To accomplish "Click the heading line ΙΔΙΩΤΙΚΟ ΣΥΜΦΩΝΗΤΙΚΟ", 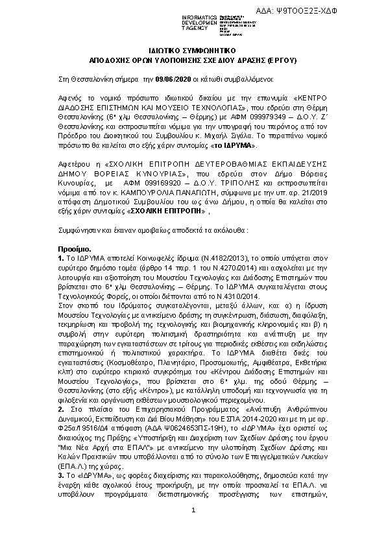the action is coord(193,49).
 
